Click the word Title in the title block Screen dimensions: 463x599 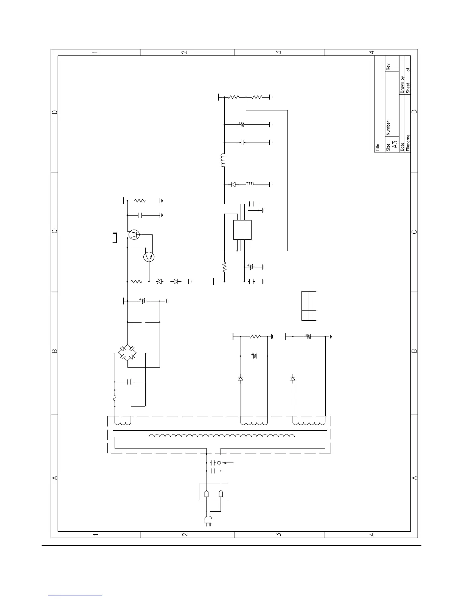(x=378, y=147)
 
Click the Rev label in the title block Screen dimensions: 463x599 (x=388, y=67)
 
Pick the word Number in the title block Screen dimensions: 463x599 (x=388, y=129)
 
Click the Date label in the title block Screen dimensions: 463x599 (x=402, y=147)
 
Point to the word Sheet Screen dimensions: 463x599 (x=408, y=88)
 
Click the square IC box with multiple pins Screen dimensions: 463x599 (x=242, y=230)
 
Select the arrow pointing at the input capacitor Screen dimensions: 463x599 (x=228, y=462)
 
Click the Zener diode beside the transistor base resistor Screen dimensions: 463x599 (x=159, y=282)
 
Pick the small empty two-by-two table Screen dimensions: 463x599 (x=309, y=306)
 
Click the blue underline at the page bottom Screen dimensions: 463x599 (x=75, y=596)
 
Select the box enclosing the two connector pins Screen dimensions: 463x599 (x=214, y=492)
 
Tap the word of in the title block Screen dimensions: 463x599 (x=408, y=70)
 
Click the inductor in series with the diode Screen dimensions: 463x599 (x=250, y=184)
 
